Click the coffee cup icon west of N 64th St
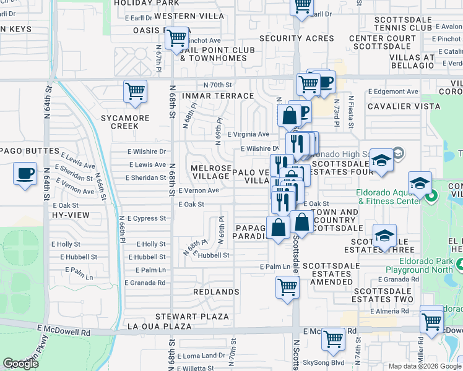click(25, 173)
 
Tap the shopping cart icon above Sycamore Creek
click(135, 91)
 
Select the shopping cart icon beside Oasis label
click(177, 38)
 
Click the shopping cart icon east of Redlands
click(287, 287)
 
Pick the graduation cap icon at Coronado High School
click(382, 160)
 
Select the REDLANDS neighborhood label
click(216, 291)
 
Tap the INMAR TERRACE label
click(217, 96)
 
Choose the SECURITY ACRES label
click(296, 38)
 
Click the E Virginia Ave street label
click(248, 134)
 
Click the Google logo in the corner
click(20, 364)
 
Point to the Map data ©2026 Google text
click(423, 366)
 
